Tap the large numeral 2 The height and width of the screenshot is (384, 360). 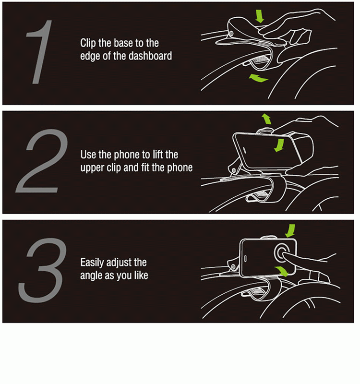click(x=39, y=162)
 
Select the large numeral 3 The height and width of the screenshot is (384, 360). click(x=41, y=269)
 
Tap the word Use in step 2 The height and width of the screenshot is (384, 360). click(x=87, y=155)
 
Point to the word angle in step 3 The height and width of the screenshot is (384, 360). click(x=91, y=276)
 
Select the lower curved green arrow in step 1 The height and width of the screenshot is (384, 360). click(x=258, y=78)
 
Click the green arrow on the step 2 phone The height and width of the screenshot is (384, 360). click(x=278, y=144)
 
